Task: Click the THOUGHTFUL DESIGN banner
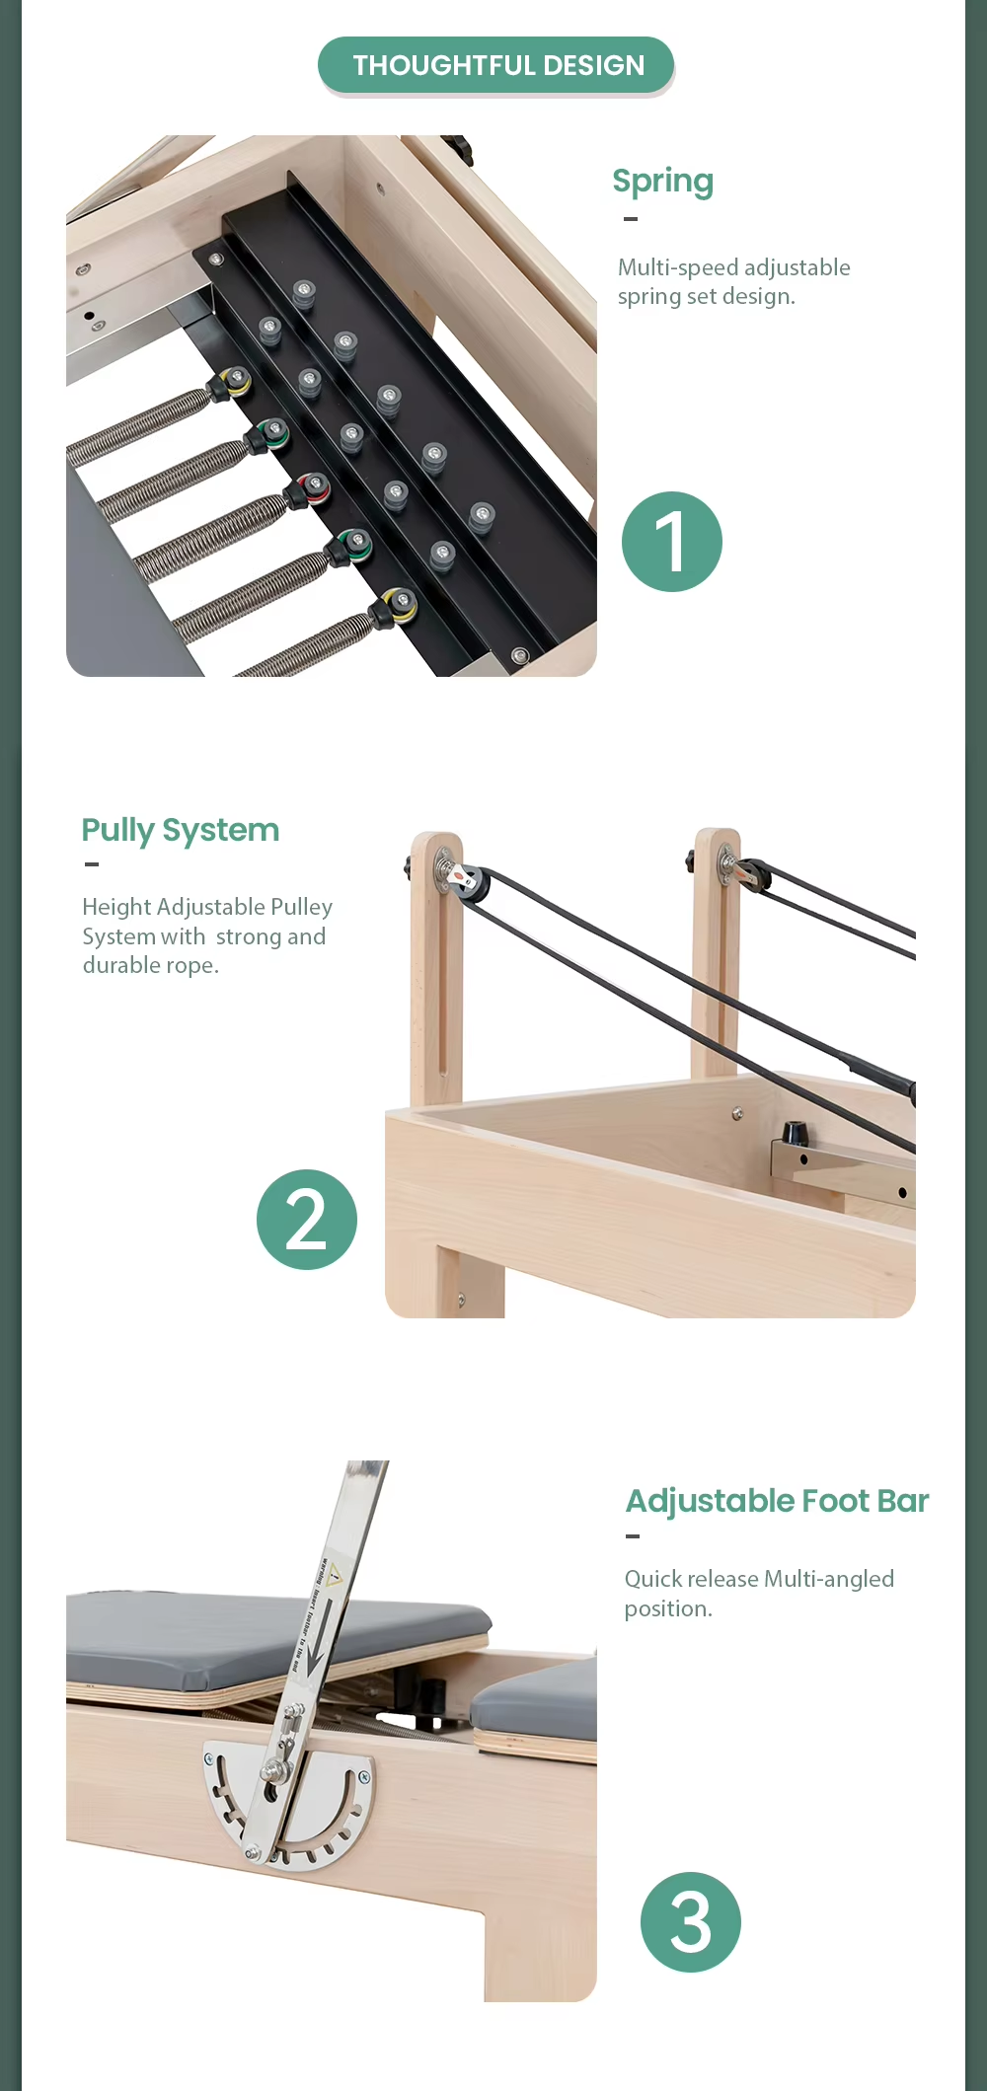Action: point(496,65)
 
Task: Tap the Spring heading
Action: point(662,182)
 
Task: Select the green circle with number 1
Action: point(672,542)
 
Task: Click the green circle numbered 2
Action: point(307,1220)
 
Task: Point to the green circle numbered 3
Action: point(691,1922)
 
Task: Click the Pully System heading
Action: point(181,831)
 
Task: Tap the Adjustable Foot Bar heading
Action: point(778,1502)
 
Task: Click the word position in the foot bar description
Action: point(668,1609)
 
